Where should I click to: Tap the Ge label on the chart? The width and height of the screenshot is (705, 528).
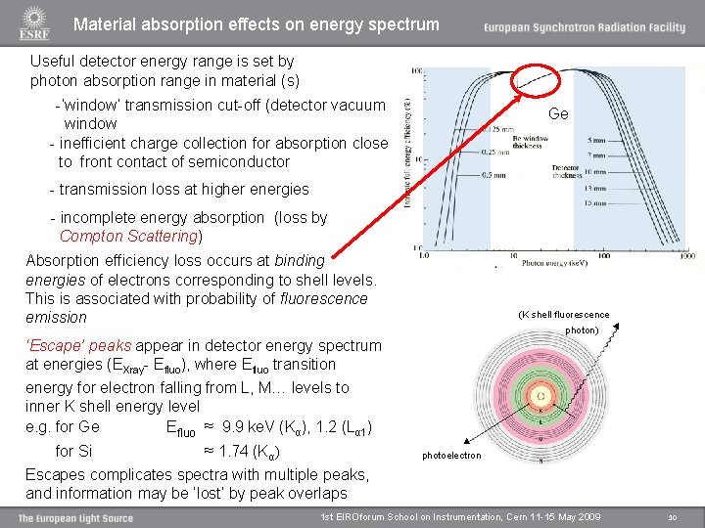pos(558,113)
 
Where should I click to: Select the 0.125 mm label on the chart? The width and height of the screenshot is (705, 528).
pos(498,129)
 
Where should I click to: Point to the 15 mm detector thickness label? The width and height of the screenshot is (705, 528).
pos(595,202)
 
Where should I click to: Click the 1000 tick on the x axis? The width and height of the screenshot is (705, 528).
pos(685,256)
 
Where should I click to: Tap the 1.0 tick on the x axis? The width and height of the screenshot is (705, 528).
pos(423,256)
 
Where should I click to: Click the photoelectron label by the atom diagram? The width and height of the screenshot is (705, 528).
pos(451,456)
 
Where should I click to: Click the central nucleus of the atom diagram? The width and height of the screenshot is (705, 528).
pos(540,396)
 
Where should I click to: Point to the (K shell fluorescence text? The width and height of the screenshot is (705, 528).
pos(563,315)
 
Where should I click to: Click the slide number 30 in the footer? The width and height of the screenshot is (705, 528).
pos(672,516)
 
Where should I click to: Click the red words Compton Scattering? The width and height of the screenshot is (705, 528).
pos(130,237)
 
